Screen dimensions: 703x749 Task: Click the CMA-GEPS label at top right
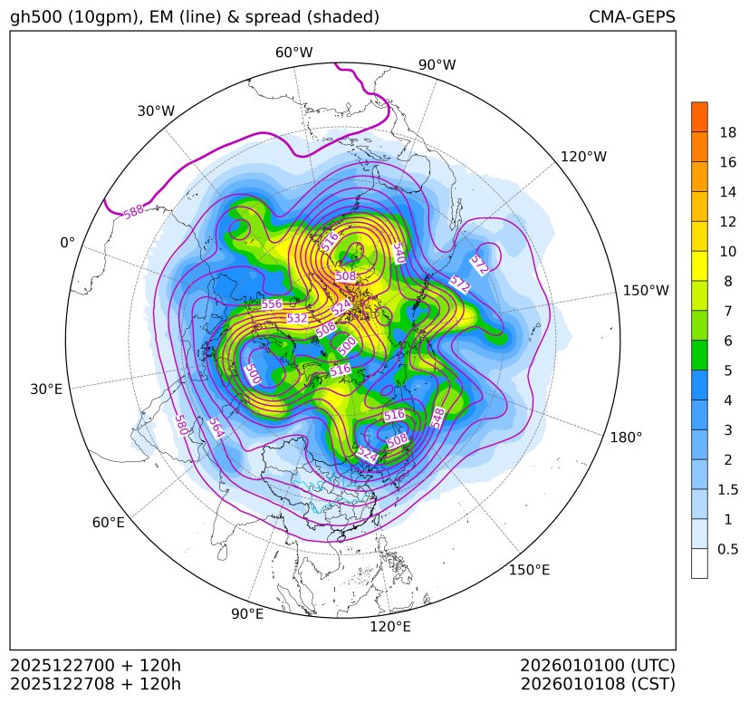click(631, 17)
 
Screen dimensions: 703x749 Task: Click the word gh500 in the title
click(35, 17)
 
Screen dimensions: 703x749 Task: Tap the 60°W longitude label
click(293, 53)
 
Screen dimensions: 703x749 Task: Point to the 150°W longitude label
click(646, 291)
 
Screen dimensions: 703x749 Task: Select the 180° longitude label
click(626, 438)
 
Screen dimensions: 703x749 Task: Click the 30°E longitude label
click(46, 390)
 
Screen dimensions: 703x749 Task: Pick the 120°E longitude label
click(390, 626)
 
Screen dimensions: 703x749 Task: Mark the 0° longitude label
click(67, 243)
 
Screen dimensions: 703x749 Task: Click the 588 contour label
click(133, 211)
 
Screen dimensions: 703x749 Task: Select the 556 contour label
click(272, 304)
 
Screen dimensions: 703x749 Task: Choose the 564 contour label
click(216, 428)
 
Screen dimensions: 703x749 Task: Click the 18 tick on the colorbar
click(728, 132)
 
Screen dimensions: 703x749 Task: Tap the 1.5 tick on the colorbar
click(728, 489)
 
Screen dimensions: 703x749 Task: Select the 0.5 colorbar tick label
click(728, 549)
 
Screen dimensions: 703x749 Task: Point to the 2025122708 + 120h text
click(96, 683)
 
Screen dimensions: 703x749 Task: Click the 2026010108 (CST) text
click(598, 683)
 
